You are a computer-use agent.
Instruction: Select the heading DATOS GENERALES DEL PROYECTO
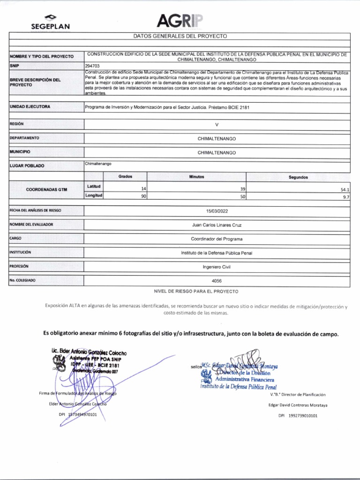tap(180, 36)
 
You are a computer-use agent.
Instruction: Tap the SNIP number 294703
tap(92, 66)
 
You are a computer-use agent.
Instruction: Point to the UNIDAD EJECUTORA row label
tap(30, 107)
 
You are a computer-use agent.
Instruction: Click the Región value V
tap(217, 125)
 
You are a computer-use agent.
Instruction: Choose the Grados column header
tap(126, 177)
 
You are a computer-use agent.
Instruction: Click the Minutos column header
tap(197, 177)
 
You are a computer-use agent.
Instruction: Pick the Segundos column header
tap(298, 178)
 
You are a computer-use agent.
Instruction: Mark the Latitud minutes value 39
tap(242, 188)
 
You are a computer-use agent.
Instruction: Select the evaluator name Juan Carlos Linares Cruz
tap(217, 225)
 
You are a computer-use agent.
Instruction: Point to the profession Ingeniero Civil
tap(217, 267)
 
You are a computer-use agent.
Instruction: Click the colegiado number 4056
tap(217, 281)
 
